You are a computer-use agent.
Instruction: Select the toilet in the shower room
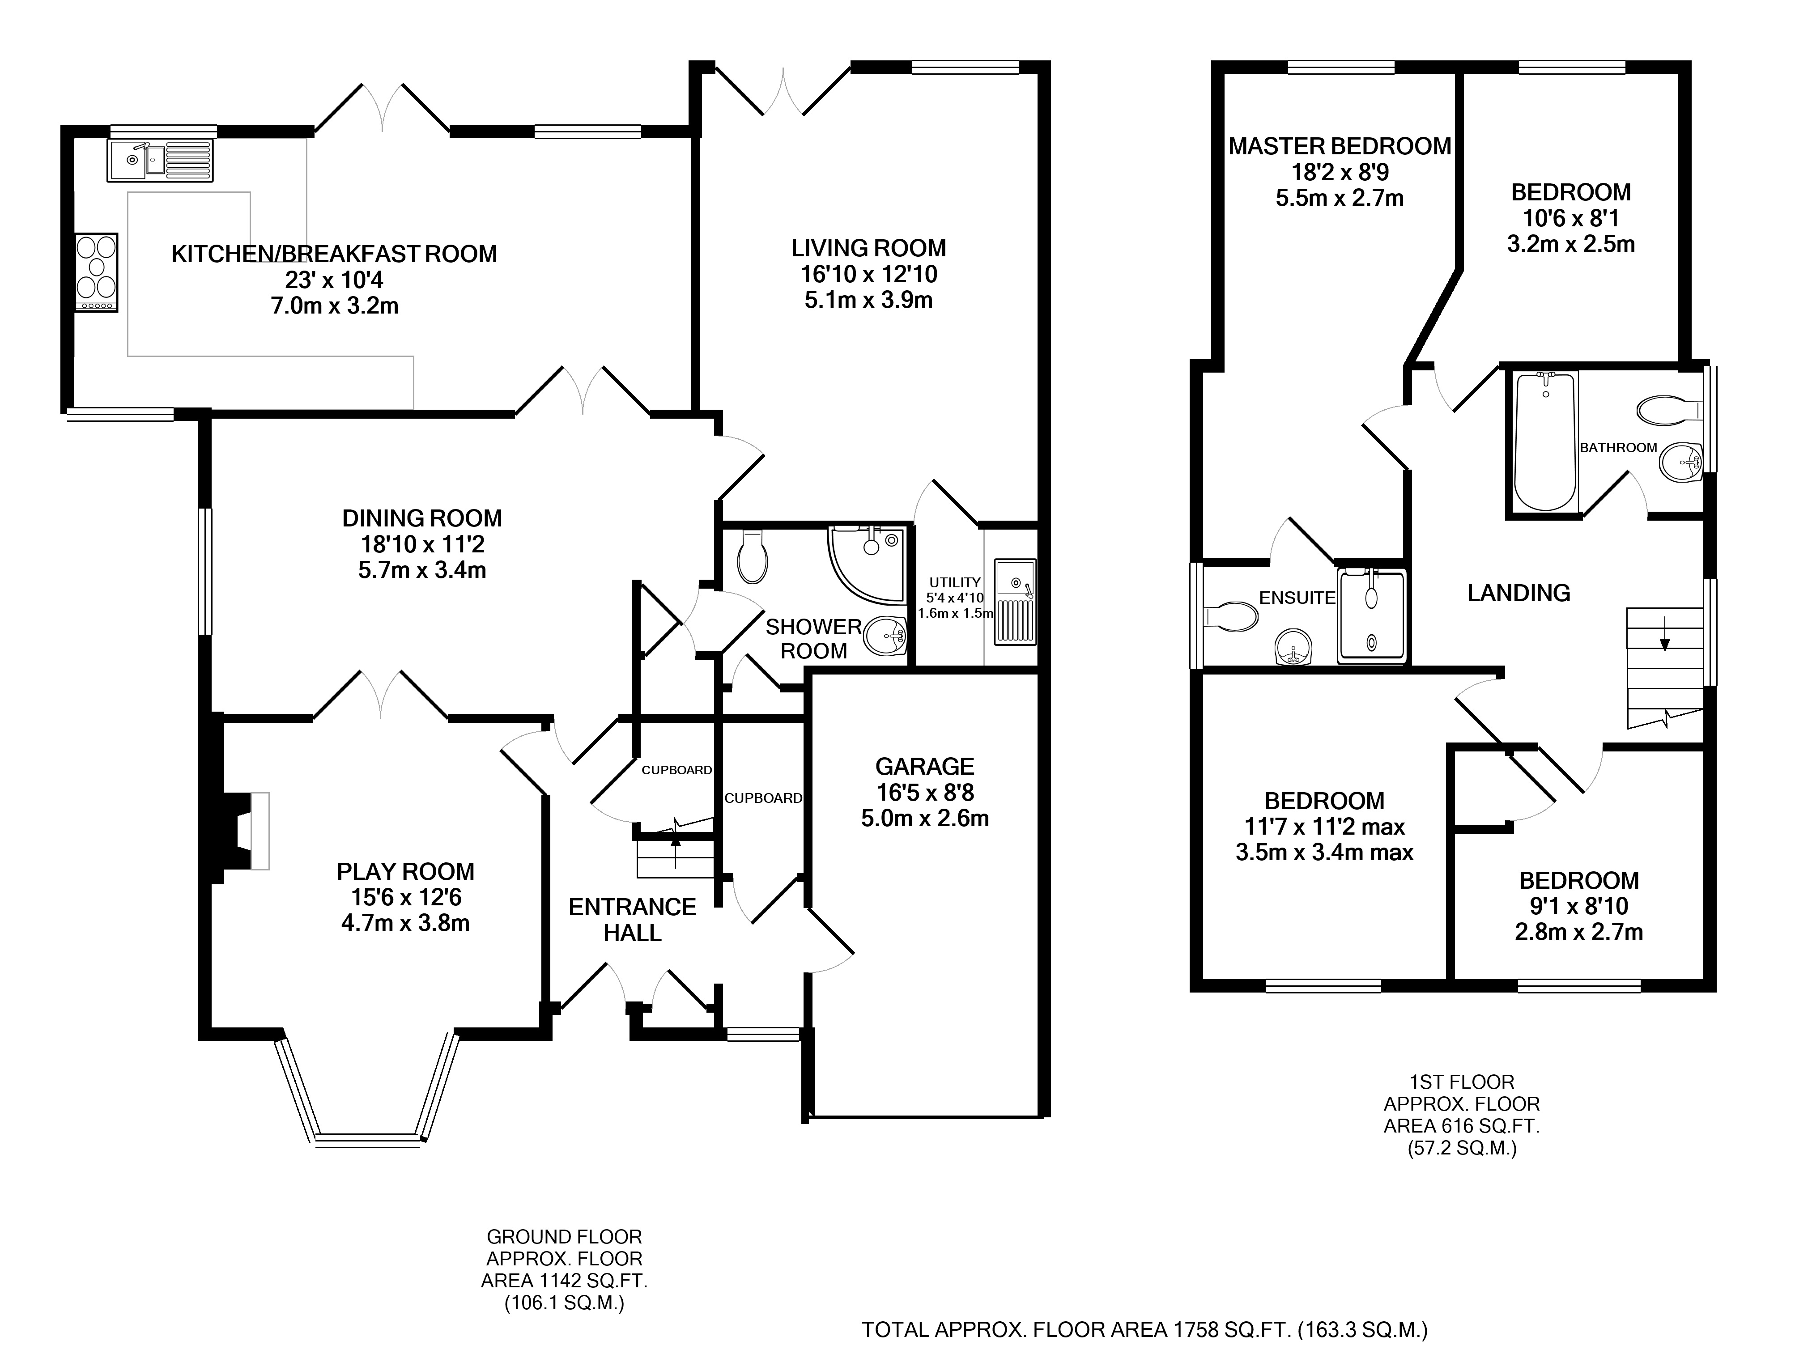(x=752, y=556)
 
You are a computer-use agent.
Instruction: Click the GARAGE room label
(x=924, y=767)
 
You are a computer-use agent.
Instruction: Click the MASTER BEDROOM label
(x=1340, y=146)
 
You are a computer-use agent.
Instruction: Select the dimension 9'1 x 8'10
(x=1578, y=906)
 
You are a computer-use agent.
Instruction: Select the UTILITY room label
(x=955, y=582)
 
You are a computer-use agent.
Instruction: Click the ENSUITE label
(x=1297, y=598)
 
